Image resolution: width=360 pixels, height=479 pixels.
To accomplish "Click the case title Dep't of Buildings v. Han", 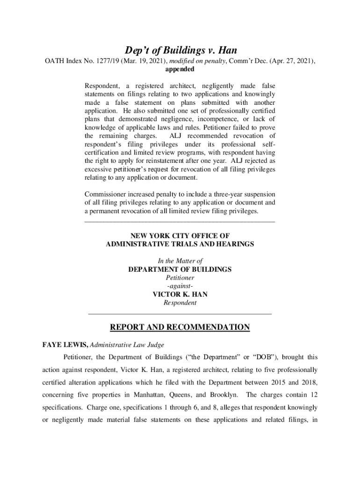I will coord(180,50).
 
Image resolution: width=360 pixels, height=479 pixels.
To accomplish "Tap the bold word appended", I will coord(180,69).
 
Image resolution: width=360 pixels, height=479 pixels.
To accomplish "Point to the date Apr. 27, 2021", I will coord(292,61).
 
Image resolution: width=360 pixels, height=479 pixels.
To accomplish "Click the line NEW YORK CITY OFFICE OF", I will coord(180,236).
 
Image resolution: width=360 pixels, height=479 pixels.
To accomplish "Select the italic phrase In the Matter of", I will coord(180,261).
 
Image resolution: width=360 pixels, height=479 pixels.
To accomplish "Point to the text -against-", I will coord(180,286).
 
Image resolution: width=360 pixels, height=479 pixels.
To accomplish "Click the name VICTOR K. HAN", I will coord(180,294).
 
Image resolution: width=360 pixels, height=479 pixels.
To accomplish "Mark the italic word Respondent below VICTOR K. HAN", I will coord(180,303).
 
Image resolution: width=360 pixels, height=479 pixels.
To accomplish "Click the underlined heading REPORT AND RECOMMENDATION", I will coord(180,327).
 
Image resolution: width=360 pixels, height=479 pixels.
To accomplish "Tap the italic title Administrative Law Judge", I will coord(127,345).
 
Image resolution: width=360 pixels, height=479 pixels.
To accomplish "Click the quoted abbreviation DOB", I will coord(263,357).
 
